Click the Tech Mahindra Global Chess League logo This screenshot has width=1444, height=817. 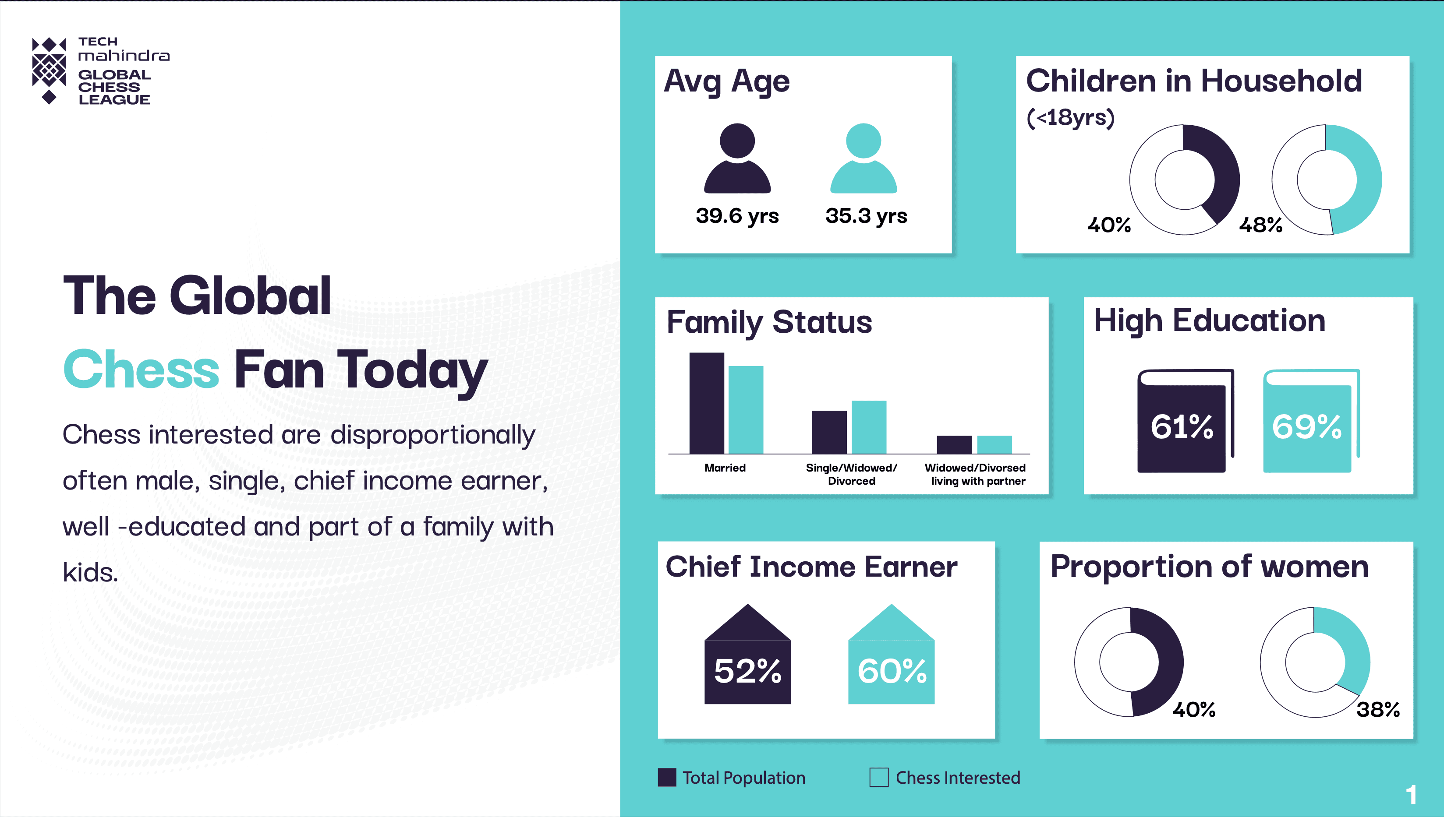[x=101, y=70]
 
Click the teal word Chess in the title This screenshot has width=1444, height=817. [x=141, y=369]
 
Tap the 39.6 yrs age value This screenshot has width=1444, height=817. [x=737, y=216]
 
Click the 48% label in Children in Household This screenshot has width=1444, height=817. [x=1260, y=225]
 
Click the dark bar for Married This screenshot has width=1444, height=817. [x=706, y=403]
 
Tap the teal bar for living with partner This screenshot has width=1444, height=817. [x=995, y=444]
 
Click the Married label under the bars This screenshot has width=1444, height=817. [x=725, y=468]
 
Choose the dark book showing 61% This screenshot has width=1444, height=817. [x=1185, y=421]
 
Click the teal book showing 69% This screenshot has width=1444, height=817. [x=1311, y=421]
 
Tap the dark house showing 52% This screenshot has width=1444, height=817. [x=747, y=654]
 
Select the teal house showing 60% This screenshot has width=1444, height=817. [x=891, y=654]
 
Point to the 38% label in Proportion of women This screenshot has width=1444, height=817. [x=1378, y=710]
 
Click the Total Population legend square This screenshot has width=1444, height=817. [x=666, y=778]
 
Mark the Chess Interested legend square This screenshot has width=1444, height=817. [x=879, y=778]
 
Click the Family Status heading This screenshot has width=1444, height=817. [x=769, y=323]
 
